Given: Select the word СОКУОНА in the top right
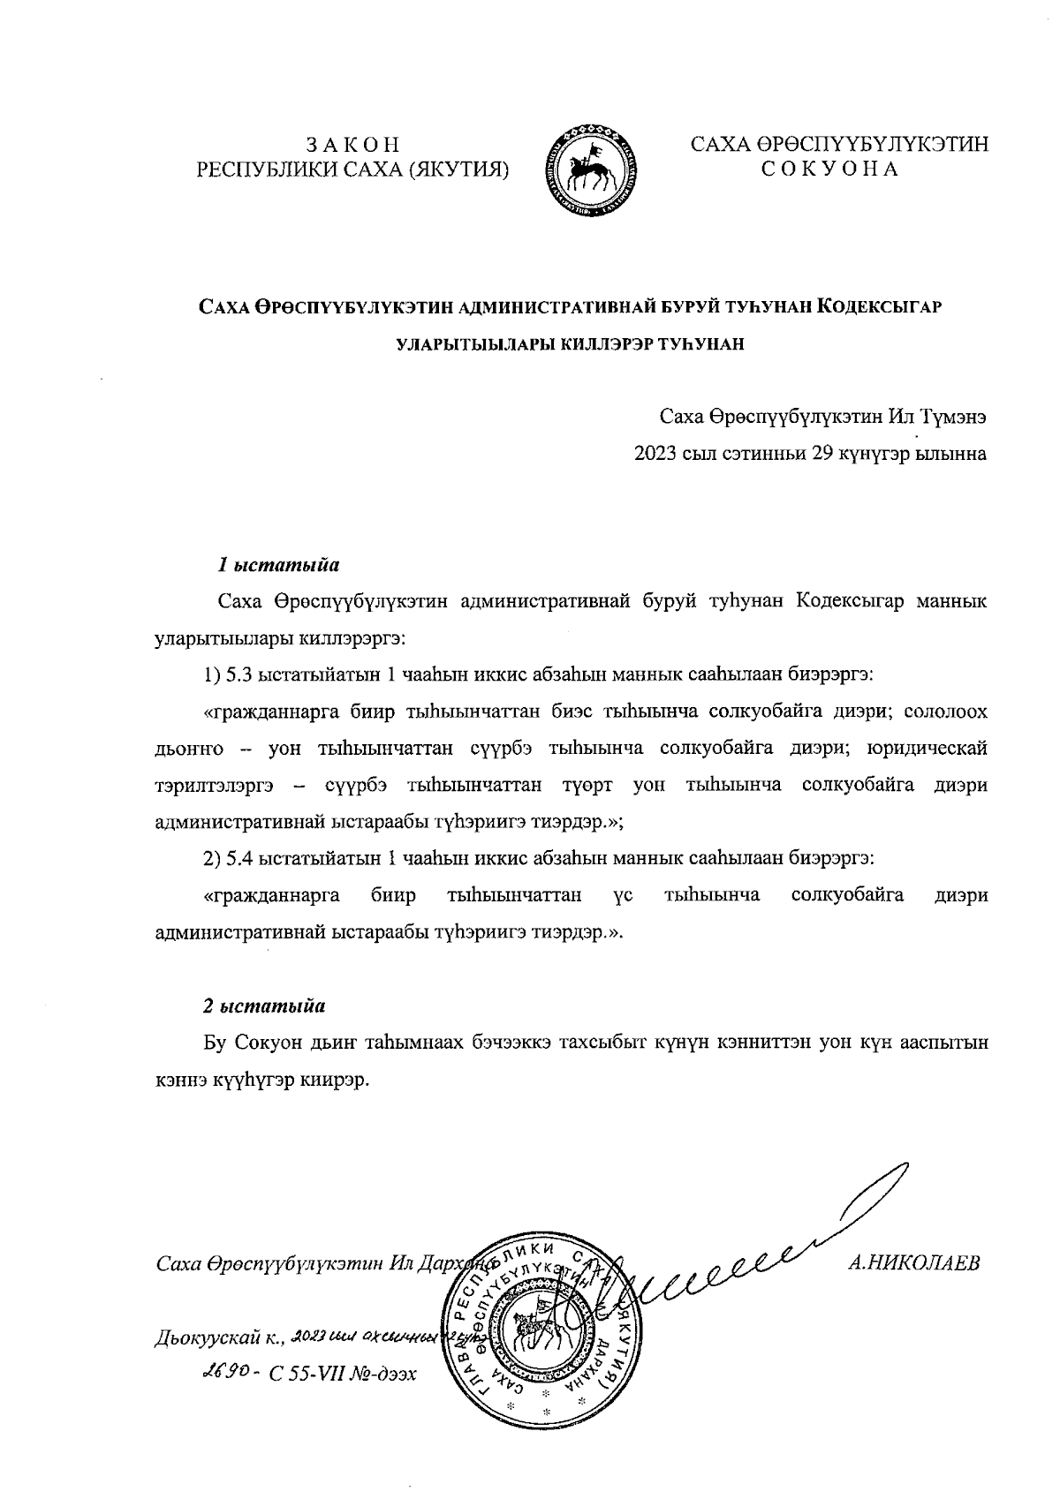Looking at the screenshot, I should tap(829, 169).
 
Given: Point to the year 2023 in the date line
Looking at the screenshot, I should tap(653, 454).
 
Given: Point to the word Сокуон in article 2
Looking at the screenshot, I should tap(264, 1043).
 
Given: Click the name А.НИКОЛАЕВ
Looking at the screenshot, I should tap(913, 1262).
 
